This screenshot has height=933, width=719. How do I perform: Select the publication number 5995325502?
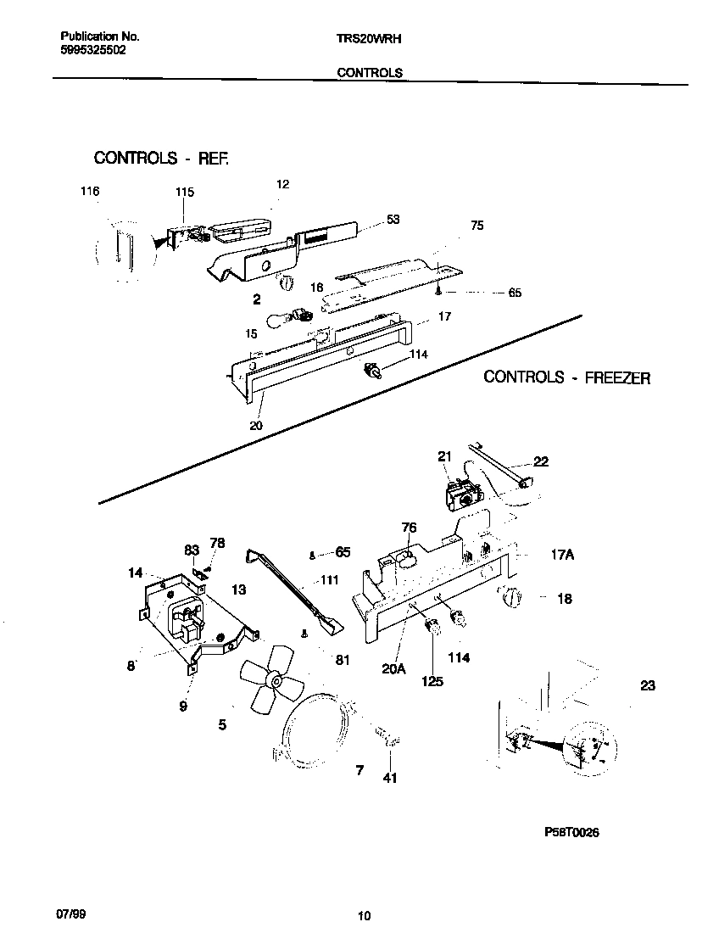click(x=94, y=50)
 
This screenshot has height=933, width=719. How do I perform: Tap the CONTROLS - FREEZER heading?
click(x=566, y=377)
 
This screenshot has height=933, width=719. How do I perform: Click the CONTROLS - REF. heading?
click(x=161, y=158)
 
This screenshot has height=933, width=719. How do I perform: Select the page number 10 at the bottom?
click(x=364, y=915)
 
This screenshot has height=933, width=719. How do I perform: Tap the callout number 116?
click(x=89, y=192)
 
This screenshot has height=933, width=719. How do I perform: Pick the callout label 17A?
click(x=562, y=555)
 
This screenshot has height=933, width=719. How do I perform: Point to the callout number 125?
click(x=432, y=681)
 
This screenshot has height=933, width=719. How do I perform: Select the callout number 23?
click(x=647, y=686)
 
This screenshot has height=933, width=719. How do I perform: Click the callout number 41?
click(x=389, y=778)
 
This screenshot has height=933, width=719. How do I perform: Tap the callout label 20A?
click(x=394, y=668)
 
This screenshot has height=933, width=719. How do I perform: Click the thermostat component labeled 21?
click(x=463, y=496)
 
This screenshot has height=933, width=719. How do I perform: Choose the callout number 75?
click(x=477, y=226)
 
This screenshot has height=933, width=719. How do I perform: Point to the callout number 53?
click(x=393, y=220)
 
